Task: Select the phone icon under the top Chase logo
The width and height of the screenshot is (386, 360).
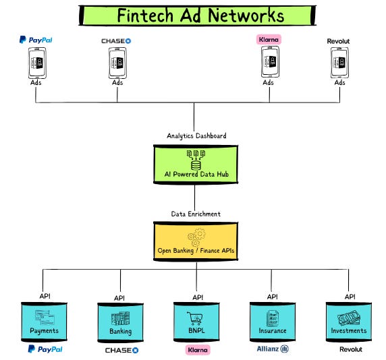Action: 117,63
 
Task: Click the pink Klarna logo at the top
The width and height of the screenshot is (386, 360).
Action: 269,40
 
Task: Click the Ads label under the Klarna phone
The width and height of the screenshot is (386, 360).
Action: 269,83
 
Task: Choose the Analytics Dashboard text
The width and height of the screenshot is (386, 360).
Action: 196,136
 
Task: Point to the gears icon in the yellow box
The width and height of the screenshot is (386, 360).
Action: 196,237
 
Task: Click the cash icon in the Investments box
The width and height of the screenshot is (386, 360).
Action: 350,316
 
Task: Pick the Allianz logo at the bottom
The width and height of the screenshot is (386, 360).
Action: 273,349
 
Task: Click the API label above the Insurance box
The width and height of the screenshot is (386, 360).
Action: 272,296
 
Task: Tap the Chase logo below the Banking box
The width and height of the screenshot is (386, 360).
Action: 121,351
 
